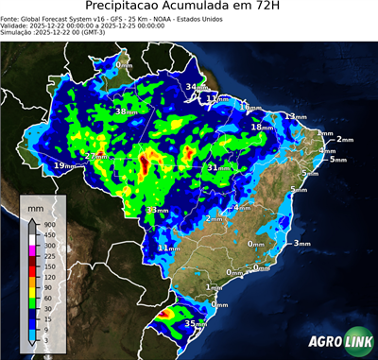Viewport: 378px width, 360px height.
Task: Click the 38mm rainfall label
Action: click(126, 112)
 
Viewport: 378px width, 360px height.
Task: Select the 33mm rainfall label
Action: click(157, 210)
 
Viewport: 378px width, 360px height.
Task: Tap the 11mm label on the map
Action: click(167, 248)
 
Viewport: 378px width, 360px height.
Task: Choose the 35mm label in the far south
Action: click(195, 324)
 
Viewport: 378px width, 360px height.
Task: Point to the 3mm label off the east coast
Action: click(301, 244)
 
